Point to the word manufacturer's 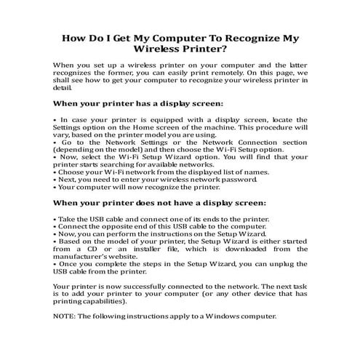coord(82,258)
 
